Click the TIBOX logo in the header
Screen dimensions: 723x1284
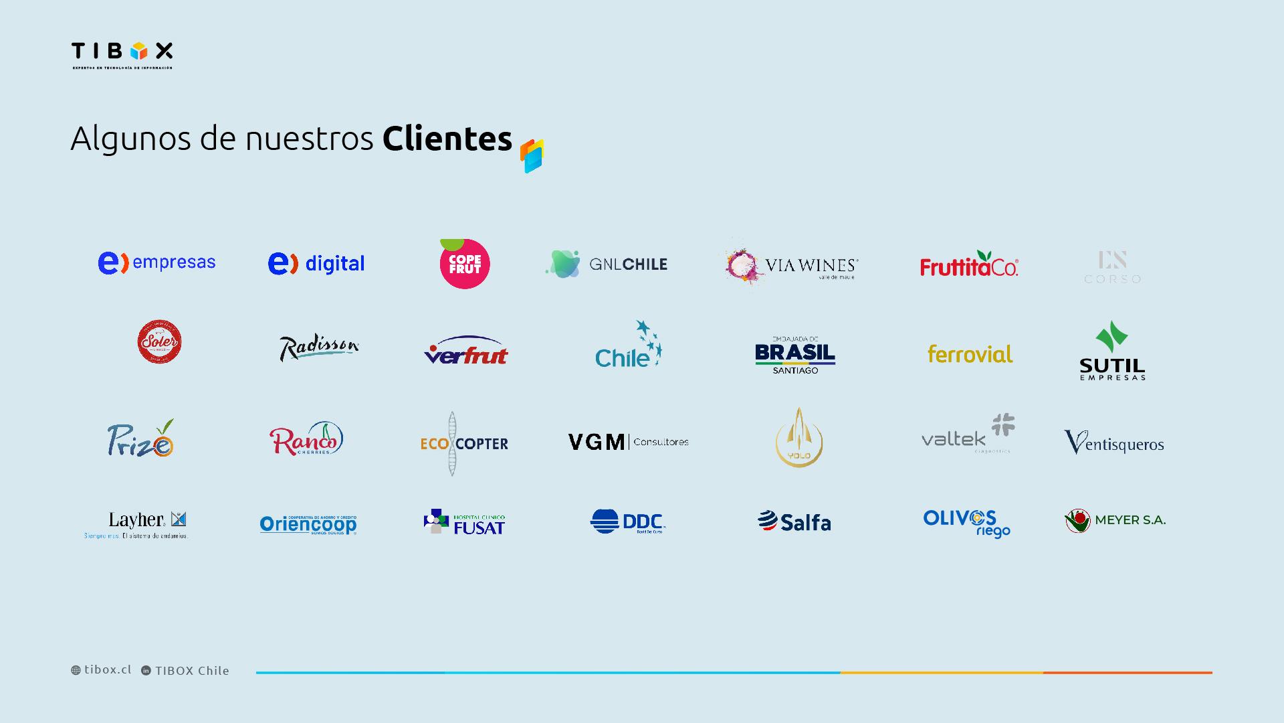point(122,54)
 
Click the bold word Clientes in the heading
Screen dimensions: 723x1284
point(447,139)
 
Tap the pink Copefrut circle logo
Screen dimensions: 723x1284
point(465,264)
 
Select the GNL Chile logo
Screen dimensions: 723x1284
point(607,264)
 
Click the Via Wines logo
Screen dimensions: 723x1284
point(792,266)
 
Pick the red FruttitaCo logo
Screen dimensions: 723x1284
point(969,265)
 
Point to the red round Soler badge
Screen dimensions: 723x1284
point(159,342)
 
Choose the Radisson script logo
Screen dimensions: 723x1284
point(319,347)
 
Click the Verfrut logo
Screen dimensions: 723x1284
point(466,351)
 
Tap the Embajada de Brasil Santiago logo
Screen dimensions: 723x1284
point(795,355)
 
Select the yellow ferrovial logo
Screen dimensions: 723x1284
point(970,354)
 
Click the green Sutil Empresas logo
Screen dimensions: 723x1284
point(1112,351)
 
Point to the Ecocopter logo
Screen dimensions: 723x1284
point(464,443)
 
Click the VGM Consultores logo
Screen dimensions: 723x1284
point(628,442)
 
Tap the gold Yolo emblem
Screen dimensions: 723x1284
point(799,438)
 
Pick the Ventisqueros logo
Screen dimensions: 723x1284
point(1114,443)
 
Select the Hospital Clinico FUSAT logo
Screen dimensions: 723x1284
point(465,522)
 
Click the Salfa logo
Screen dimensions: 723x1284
point(794,521)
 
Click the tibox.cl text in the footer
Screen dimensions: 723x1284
point(108,669)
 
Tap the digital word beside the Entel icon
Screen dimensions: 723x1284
point(335,264)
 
